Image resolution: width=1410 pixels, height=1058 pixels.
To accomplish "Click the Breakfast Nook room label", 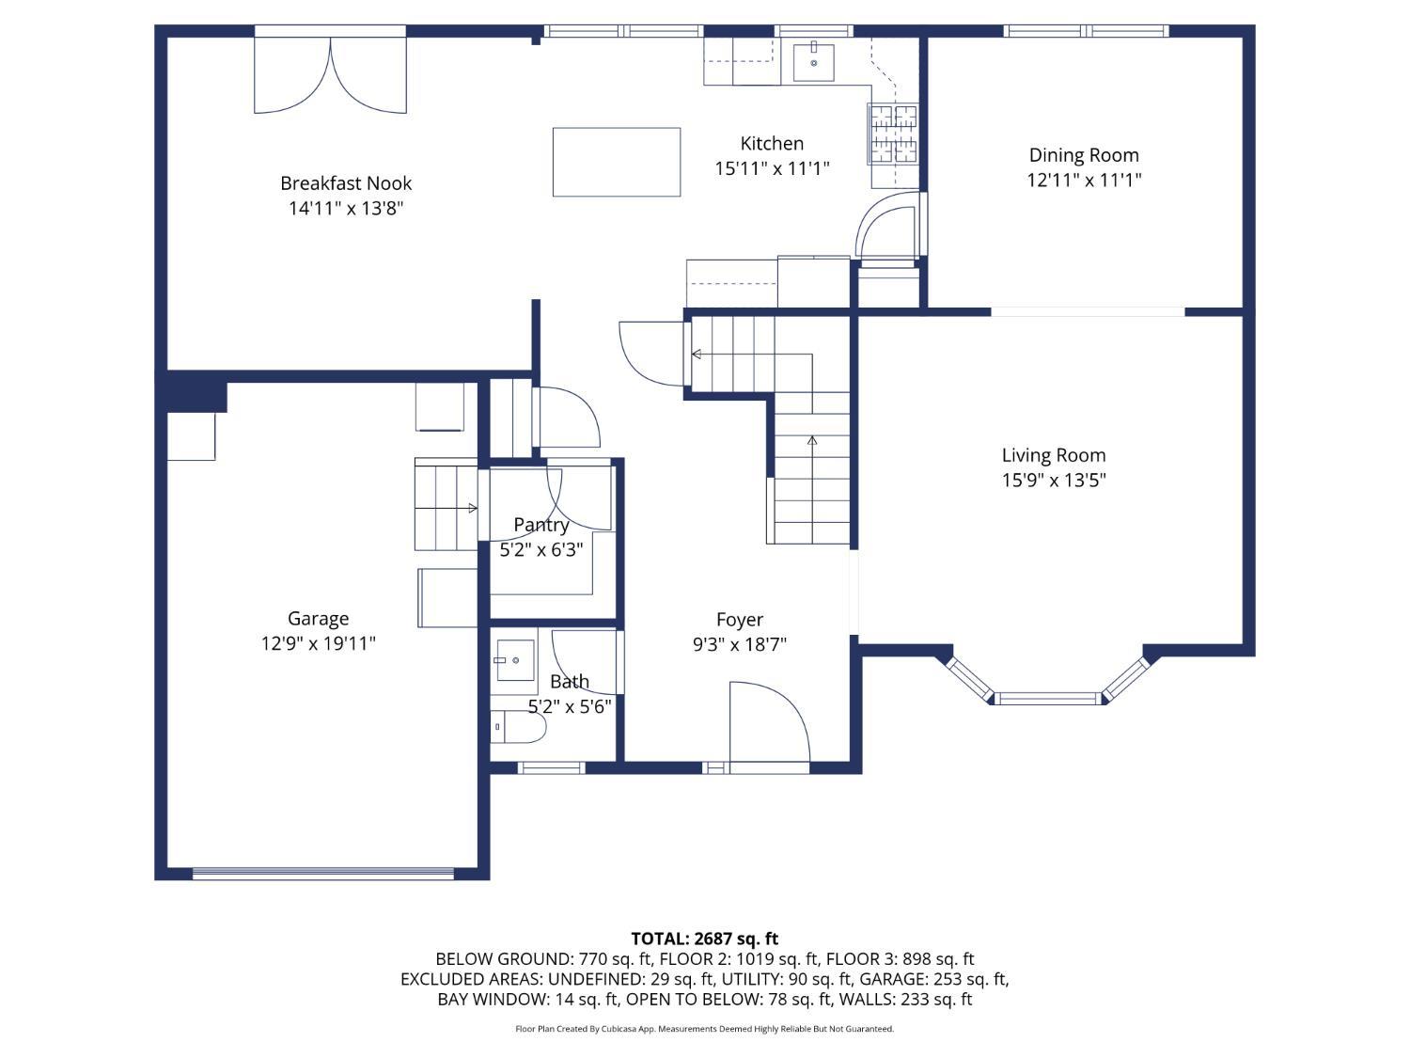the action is [x=346, y=183].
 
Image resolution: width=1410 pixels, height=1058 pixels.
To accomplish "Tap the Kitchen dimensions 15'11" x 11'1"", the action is [x=772, y=168].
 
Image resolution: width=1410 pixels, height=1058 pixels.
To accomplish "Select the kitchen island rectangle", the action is [x=616, y=162].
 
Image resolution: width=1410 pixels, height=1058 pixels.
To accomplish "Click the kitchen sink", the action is [x=813, y=62].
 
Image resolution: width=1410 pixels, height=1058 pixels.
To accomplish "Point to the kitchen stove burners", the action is [x=893, y=134].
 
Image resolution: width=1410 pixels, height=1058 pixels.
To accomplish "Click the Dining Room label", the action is [x=1084, y=155].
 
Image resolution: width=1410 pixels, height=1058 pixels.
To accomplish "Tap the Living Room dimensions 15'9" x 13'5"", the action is [x=1054, y=480].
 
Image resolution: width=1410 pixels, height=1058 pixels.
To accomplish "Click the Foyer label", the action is [x=740, y=619].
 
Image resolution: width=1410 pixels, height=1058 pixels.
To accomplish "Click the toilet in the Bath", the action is [x=518, y=727].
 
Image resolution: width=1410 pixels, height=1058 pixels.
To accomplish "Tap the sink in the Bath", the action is [x=515, y=660].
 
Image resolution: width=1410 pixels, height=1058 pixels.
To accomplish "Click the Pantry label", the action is [x=540, y=525].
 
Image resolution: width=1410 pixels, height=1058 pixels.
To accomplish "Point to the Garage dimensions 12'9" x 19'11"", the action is [x=318, y=643].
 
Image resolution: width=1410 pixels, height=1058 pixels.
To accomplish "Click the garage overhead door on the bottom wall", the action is [x=323, y=873].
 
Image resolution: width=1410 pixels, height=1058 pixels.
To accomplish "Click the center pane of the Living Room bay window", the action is [x=1048, y=698].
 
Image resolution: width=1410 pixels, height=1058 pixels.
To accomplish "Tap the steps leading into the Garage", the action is [x=446, y=504].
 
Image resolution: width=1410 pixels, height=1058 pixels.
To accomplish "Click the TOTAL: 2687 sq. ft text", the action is [x=705, y=939].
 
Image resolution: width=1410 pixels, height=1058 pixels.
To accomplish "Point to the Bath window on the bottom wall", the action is [x=551, y=767].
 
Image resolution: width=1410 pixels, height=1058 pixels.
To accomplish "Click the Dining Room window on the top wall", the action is [x=1086, y=31].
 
